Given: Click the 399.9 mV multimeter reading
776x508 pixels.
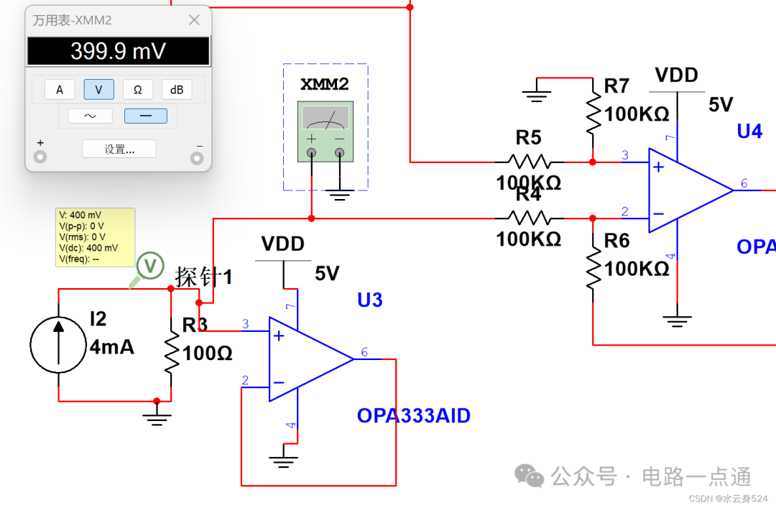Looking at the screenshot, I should pyautogui.click(x=119, y=51).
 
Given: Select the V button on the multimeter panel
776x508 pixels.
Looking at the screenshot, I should pyautogui.click(x=98, y=89).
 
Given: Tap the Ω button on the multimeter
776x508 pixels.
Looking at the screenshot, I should pyautogui.click(x=137, y=89).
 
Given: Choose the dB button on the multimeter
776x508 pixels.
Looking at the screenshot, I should pyautogui.click(x=177, y=89).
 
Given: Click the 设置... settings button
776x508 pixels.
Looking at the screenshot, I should pyautogui.click(x=119, y=149).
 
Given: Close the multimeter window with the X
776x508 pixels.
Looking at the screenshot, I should pyautogui.click(x=194, y=20).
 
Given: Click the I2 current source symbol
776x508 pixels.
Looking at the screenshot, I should pyautogui.click(x=58, y=344).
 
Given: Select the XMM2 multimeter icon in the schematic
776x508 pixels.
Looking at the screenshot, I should pyautogui.click(x=325, y=129).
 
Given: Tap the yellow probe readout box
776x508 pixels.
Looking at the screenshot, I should pyautogui.click(x=95, y=237).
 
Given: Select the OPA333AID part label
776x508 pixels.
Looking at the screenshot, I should pyautogui.click(x=413, y=415).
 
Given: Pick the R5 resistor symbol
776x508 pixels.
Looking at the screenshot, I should pyautogui.click(x=529, y=162).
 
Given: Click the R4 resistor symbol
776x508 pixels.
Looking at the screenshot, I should pyautogui.click(x=529, y=218).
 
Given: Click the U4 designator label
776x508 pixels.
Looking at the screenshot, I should pyautogui.click(x=749, y=131).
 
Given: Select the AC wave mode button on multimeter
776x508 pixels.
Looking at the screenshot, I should pyautogui.click(x=91, y=116).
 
